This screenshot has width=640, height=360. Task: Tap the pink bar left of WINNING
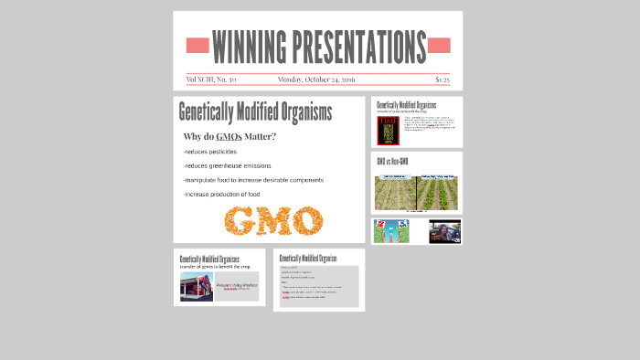click(197, 45)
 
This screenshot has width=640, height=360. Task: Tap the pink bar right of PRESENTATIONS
click(439, 45)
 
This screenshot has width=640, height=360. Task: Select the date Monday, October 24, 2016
click(316, 79)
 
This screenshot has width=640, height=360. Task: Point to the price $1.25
click(443, 79)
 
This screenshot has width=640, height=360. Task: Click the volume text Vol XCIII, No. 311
click(211, 79)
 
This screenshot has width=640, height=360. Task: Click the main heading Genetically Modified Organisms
click(255, 112)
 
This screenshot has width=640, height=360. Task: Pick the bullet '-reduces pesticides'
click(210, 152)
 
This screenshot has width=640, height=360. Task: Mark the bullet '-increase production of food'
click(221, 194)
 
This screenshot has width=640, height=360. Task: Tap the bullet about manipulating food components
click(253, 180)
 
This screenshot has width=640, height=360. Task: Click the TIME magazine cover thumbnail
click(388, 130)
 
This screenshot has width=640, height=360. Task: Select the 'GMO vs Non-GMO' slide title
click(392, 162)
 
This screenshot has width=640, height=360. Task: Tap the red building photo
click(196, 287)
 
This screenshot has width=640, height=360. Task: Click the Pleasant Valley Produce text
click(236, 284)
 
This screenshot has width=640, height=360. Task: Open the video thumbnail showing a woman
click(444, 231)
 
